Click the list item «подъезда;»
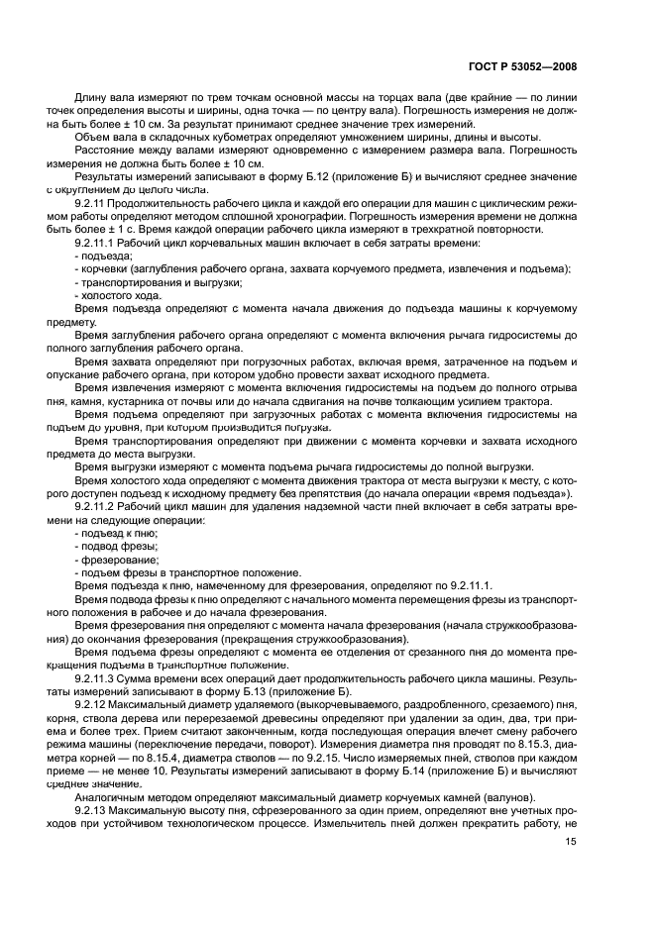point(104,256)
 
